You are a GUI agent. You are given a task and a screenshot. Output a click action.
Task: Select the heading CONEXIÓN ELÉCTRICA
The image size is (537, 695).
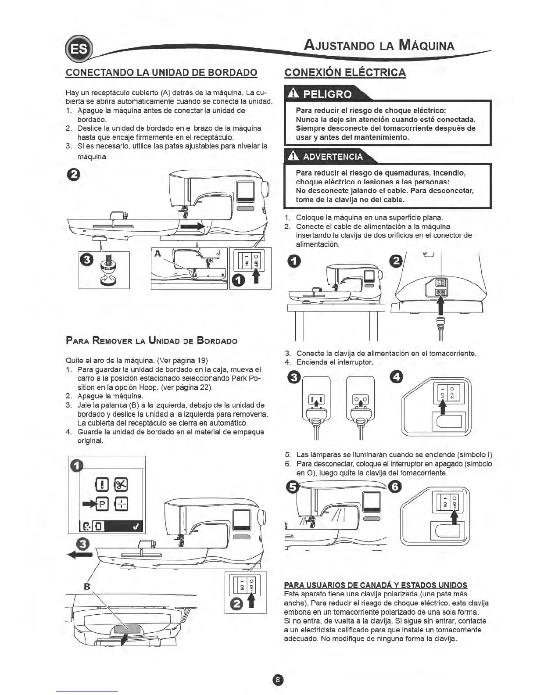345,72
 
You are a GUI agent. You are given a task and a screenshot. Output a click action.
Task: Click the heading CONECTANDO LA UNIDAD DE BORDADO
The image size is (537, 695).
161,72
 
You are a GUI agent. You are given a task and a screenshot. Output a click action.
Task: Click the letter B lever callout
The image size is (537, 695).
86,586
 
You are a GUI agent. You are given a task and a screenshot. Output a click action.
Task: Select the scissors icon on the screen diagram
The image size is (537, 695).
121,484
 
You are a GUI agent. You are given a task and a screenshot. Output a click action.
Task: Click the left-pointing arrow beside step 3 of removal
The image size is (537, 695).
79,554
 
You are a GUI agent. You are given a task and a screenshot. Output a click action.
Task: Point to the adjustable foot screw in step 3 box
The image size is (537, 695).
105,266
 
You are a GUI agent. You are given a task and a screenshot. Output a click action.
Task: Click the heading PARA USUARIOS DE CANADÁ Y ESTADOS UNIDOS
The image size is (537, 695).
376,585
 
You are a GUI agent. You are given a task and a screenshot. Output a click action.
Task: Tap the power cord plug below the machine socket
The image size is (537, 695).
440,326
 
